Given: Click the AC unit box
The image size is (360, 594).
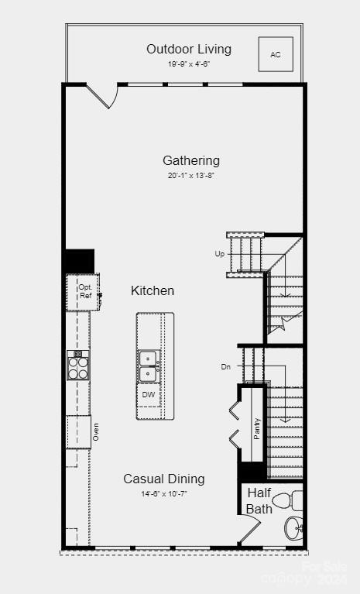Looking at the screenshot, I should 276,54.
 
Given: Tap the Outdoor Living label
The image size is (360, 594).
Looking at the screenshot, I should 189,49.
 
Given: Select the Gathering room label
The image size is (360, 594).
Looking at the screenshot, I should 191,160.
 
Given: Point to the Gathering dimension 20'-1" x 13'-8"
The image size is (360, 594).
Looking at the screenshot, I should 191,176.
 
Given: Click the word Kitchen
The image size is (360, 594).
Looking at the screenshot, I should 153,290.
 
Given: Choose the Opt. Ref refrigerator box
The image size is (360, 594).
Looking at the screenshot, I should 84,292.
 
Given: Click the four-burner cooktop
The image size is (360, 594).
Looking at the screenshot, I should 78,365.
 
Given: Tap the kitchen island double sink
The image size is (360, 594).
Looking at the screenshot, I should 148,366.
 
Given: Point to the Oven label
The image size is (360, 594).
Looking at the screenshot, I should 96,432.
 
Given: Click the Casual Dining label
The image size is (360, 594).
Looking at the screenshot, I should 164,479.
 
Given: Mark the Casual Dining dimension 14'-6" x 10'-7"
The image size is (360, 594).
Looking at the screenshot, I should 164,493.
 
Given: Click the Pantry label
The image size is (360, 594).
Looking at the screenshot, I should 257,429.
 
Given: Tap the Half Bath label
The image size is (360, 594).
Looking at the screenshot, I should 259,500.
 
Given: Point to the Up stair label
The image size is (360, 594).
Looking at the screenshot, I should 220,254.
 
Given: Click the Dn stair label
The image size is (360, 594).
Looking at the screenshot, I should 225,367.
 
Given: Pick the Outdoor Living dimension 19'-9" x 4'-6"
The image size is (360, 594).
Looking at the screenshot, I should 189,64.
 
